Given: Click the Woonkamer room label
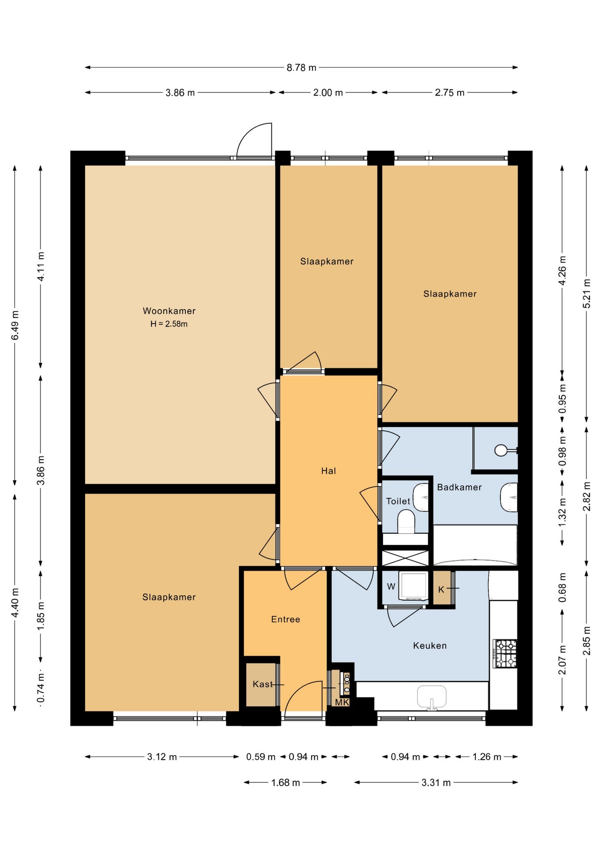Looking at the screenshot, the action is (x=169, y=311).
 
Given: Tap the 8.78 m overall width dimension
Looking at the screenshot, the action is (x=301, y=68).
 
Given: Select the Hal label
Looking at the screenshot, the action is (x=328, y=471).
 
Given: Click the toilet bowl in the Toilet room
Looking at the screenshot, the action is (x=406, y=522).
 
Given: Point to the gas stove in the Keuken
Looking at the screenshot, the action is (x=505, y=653).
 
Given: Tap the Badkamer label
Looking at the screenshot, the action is (x=459, y=487).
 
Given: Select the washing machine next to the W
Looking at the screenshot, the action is (x=413, y=586).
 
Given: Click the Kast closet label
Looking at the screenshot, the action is (x=263, y=684).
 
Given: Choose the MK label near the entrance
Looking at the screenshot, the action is (x=342, y=702).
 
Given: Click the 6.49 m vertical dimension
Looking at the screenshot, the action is (x=15, y=325).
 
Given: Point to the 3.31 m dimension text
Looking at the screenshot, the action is (x=436, y=783).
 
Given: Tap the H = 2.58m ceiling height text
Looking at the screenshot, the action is (x=169, y=324).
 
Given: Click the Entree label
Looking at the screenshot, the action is (x=285, y=619).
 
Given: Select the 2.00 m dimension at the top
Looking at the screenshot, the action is (x=328, y=93).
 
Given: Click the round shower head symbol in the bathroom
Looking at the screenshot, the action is (x=501, y=450).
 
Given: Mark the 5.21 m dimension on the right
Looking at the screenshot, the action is (x=586, y=294).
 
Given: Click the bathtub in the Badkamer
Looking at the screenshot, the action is (x=475, y=545).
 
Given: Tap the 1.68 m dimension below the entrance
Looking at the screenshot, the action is (x=285, y=782).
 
